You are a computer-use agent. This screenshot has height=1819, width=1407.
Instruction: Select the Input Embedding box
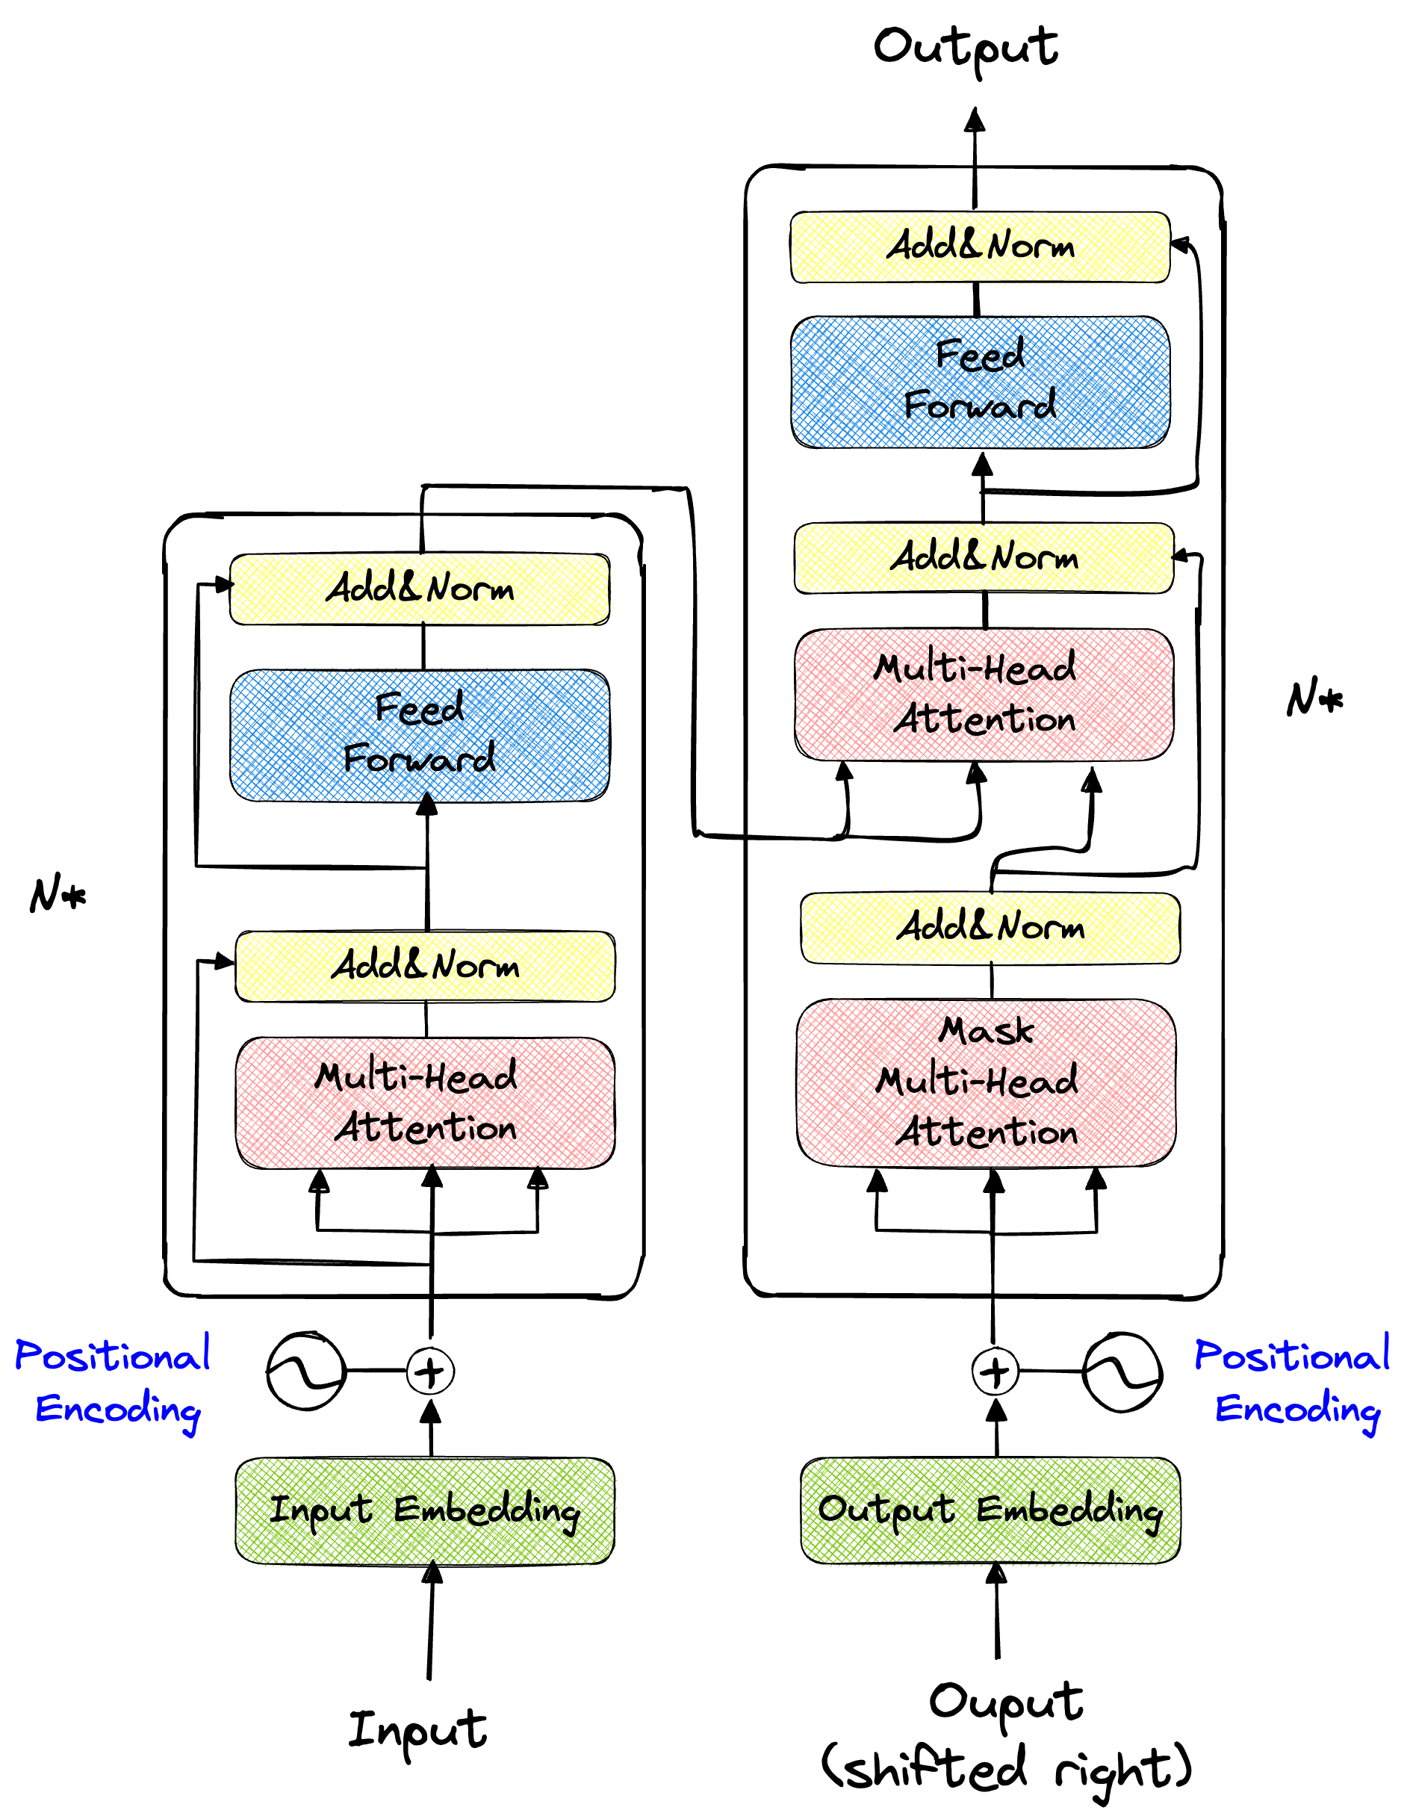[425, 1510]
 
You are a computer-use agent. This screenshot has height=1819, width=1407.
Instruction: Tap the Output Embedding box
[990, 1510]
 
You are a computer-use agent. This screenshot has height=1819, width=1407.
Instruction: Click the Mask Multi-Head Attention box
[986, 1082]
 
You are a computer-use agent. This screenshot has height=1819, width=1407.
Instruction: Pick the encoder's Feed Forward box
[420, 734]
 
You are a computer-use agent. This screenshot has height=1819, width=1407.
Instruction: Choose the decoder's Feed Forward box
[980, 382]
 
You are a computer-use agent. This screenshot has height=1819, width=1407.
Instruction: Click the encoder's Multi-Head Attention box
[425, 1102]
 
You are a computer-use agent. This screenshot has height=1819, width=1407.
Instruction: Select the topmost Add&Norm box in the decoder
[980, 247]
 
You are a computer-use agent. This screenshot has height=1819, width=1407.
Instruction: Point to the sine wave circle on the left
[305, 1371]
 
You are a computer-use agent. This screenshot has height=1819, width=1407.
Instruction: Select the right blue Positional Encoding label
[1293, 1383]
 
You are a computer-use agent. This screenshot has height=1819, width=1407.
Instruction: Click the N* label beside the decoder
[1314, 698]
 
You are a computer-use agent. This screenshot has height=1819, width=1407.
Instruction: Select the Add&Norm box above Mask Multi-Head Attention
[990, 928]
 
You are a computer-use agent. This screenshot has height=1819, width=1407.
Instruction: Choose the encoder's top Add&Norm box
[420, 588]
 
